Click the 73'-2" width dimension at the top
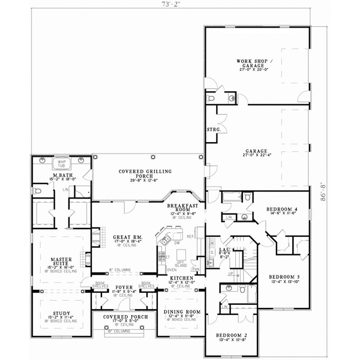tap(169, 4)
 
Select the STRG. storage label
tap(214, 130)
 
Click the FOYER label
tap(124, 287)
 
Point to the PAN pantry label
tap(196, 269)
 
